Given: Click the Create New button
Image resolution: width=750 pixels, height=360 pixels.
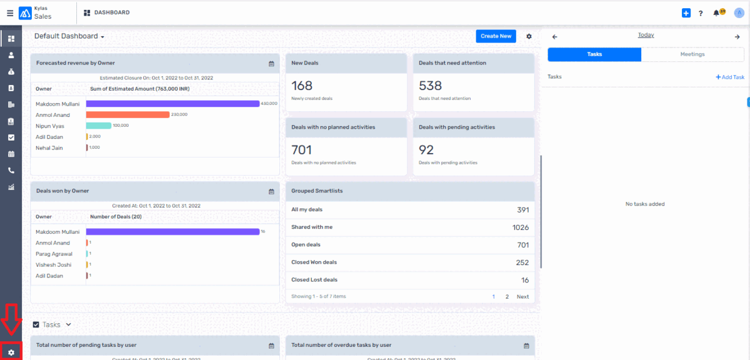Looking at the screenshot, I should click(496, 36).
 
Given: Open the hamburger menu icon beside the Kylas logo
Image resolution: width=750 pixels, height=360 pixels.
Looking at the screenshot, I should click(9, 12).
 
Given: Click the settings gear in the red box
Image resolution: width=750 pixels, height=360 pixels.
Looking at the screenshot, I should click(11, 352).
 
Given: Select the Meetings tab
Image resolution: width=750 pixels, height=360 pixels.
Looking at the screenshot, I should click(692, 54).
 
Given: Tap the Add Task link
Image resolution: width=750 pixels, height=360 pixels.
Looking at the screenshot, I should click(730, 77).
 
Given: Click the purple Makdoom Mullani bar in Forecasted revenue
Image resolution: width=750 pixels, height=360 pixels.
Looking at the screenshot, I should click(172, 104).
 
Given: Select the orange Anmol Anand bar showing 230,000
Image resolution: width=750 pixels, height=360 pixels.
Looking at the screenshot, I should click(127, 115).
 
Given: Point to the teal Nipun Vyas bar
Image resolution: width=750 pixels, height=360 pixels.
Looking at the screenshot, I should click(99, 126).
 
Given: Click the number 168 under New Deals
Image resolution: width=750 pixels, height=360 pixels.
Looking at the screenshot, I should click(302, 86).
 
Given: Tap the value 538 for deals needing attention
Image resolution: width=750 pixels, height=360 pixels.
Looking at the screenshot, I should click(430, 86).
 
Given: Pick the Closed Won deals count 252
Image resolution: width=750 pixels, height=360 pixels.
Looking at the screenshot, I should click(522, 262).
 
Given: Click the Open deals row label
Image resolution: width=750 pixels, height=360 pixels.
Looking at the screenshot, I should click(306, 245).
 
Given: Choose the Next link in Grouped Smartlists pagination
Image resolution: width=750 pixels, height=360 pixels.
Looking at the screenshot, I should click(522, 297).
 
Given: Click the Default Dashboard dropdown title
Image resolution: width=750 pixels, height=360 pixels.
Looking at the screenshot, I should click(69, 36).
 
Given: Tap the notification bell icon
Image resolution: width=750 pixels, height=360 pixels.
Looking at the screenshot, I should click(716, 13).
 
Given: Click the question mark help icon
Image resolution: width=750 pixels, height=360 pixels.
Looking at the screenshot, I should click(701, 13).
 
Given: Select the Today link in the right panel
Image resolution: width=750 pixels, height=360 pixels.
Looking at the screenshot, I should click(646, 35).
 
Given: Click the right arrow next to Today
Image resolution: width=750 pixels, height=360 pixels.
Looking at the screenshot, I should click(737, 37).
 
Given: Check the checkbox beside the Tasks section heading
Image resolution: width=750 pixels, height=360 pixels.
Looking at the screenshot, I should click(36, 325).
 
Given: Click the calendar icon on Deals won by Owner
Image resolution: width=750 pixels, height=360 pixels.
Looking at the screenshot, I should click(271, 191).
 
